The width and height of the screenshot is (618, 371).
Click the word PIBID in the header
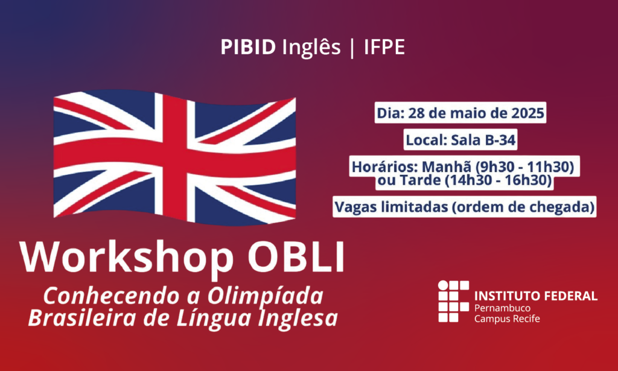tap(248, 47)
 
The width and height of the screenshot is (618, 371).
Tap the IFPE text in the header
tap(384, 47)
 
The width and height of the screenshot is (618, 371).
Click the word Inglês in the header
tap(311, 48)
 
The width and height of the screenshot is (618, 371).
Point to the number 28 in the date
tap(416, 113)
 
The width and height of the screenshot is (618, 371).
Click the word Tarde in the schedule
tap(419, 180)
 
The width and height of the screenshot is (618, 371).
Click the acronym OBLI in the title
tap(296, 257)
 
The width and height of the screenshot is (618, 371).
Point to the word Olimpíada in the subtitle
tap(266, 296)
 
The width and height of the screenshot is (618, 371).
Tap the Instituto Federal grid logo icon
tap(453, 301)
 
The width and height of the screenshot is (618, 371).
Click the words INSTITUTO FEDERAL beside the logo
tap(536, 296)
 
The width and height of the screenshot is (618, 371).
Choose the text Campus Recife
tap(507, 319)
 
